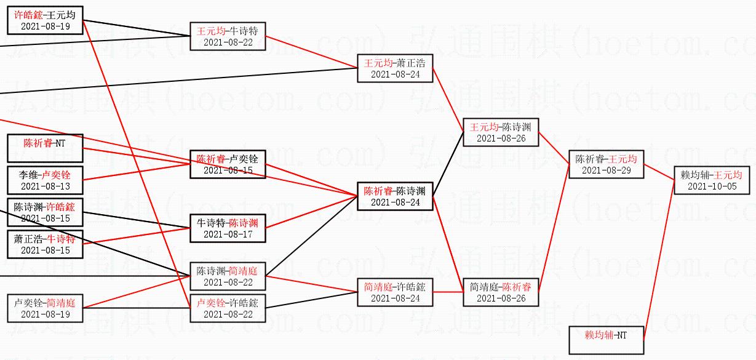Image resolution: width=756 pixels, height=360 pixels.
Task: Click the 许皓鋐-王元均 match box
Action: (46, 21)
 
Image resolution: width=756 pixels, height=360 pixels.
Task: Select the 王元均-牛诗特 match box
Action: (228, 36)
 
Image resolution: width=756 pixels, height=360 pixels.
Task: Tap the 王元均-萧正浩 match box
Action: (395, 68)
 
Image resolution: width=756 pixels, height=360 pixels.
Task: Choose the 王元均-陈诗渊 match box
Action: (501, 132)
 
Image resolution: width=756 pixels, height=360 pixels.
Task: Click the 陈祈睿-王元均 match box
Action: (606, 164)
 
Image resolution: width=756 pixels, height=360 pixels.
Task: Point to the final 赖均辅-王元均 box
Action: (712, 180)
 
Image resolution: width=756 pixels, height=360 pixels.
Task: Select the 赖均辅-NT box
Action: (606, 340)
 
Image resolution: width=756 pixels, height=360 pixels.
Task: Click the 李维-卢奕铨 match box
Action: (46, 180)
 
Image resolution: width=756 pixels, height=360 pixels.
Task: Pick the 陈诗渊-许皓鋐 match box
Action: (46, 212)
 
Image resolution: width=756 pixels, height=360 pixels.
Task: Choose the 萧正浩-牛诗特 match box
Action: (46, 244)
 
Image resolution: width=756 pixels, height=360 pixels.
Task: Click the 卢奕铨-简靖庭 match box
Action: (46, 308)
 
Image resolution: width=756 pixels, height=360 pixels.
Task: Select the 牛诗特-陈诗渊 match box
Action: (228, 228)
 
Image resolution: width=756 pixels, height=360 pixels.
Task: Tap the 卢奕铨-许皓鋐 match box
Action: (228, 308)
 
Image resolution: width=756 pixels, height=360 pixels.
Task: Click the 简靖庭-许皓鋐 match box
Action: (395, 292)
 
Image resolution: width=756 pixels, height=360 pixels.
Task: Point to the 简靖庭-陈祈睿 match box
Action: (501, 292)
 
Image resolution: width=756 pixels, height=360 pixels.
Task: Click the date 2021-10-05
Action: (712, 186)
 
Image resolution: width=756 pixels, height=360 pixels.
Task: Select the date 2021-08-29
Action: (606, 170)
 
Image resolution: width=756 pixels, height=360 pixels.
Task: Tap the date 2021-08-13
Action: (46, 186)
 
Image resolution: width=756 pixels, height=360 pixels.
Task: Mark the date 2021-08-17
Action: (228, 234)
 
